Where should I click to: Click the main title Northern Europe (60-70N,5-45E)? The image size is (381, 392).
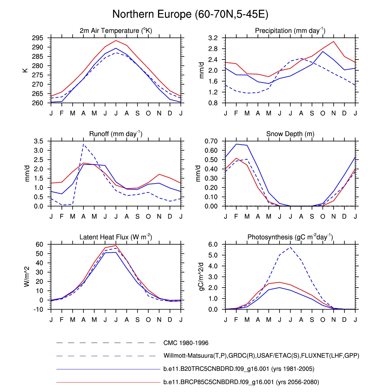coord(190,14)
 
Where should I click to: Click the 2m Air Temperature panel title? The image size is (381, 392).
coord(116,31)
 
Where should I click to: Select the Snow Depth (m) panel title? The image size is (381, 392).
coord(290,134)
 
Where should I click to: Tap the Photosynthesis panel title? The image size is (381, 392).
coord(290,237)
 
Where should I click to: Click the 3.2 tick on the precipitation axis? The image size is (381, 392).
coord(213,38)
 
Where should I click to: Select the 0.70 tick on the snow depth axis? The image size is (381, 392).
coord(211,141)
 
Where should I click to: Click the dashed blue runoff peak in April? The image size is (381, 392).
coord(83,144)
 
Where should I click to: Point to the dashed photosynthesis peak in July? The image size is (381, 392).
coord(290,247)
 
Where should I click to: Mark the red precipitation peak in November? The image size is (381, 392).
coord(334,41)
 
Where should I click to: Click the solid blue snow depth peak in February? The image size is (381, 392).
coord(236,144)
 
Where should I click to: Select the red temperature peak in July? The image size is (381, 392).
coord(116,41)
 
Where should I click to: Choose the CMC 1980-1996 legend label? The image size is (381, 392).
coord(186,343)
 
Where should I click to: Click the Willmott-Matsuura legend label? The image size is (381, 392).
coord(261,356)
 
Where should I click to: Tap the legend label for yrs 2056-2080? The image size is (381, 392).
coord(241,382)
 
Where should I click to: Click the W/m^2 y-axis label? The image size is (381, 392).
coord(27,277)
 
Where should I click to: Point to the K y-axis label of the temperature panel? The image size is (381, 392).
coord(25,70)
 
